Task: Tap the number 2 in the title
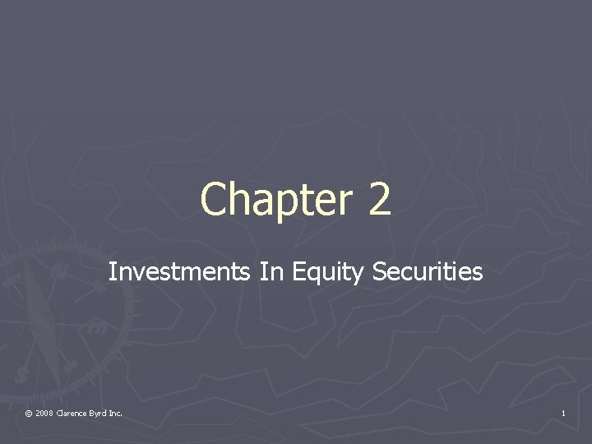(379, 200)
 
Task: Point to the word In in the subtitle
(271, 272)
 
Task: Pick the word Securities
(428, 272)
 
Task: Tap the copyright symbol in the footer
(29, 413)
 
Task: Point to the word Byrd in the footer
(99, 413)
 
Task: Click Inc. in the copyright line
(116, 413)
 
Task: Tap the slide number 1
(563, 413)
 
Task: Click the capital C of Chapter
(214, 200)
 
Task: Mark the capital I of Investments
(112, 272)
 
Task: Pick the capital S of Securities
(378, 272)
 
